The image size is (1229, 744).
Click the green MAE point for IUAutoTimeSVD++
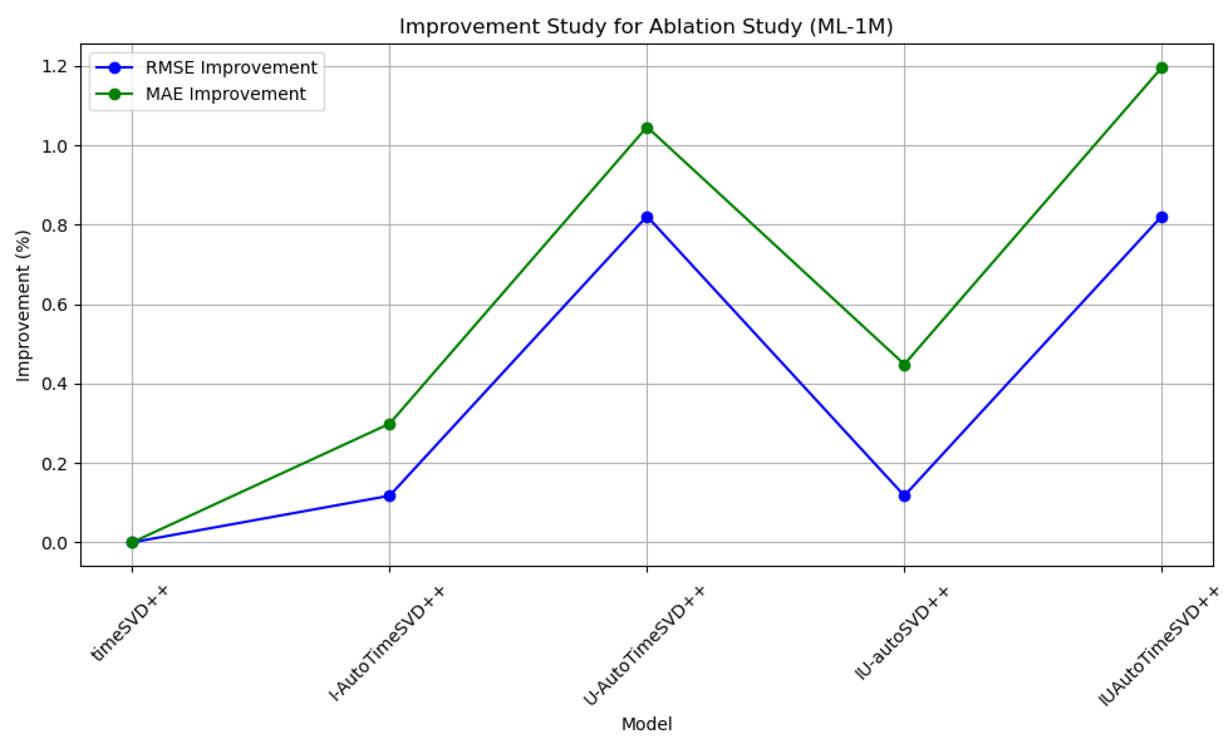pos(1161,68)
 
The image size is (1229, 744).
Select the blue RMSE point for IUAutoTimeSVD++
pos(1161,217)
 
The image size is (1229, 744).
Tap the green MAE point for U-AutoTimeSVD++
pos(647,128)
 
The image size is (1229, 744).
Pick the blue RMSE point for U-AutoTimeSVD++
pos(647,217)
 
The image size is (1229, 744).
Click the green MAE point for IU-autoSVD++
pos(904,366)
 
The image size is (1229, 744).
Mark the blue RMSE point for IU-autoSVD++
pos(904,496)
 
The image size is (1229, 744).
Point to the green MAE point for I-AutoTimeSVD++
pos(389,425)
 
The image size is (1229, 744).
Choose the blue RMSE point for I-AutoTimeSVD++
pos(389,496)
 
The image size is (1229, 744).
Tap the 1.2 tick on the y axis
pos(55,67)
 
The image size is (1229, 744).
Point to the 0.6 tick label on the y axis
pos(55,305)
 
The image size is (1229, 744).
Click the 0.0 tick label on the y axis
pos(55,543)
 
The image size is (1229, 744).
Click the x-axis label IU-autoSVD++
pos(902,633)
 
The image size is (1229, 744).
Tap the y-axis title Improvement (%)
pos(23,306)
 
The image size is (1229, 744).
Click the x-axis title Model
pos(647,724)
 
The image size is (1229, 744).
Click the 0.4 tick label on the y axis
pos(55,385)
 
